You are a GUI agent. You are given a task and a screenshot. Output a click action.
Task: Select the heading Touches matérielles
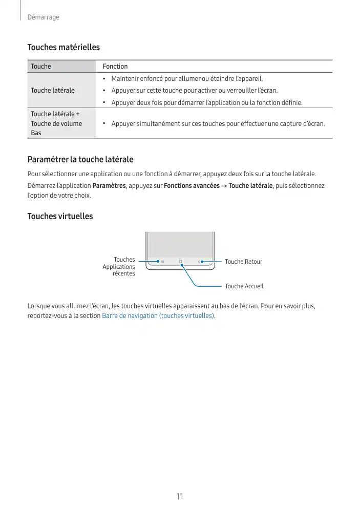coord(63,47)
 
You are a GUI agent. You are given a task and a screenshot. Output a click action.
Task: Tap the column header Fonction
coord(115,66)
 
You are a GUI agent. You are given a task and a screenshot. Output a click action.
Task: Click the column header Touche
coord(41,66)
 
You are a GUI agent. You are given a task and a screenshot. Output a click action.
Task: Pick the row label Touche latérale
coord(53,90)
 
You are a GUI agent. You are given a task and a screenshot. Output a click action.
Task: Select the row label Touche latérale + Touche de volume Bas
coord(56,123)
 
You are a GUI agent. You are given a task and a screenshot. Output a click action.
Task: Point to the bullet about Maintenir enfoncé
coord(187,79)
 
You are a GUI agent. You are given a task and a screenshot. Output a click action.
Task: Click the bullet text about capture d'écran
coord(218,123)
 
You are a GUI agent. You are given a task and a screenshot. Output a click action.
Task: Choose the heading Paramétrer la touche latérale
coord(80,160)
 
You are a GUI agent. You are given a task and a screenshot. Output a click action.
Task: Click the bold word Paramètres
coord(109,185)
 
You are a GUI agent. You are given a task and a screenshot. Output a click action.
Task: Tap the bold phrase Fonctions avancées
coord(192,185)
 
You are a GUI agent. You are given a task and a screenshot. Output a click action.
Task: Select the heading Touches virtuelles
coord(60,216)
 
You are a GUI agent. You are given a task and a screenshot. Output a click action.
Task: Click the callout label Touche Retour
coord(243,262)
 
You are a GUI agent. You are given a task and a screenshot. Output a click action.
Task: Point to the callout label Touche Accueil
coord(244,286)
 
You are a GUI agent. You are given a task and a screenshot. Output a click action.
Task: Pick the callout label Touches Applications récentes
coord(119,266)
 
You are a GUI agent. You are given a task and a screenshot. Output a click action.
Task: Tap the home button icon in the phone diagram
coord(181,262)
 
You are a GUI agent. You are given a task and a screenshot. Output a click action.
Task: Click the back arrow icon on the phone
coord(198,262)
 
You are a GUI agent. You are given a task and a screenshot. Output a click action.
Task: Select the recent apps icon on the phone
coord(162,262)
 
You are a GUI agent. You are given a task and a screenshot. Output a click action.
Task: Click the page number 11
coord(180,496)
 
